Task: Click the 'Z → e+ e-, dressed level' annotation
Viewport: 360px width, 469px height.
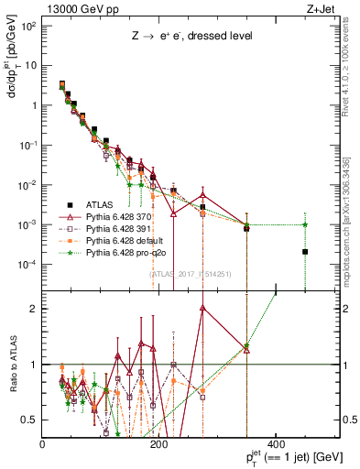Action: [x=191, y=36]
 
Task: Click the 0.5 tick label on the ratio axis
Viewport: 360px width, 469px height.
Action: [x=31, y=420]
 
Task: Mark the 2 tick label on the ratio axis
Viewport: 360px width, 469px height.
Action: [x=35, y=309]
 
